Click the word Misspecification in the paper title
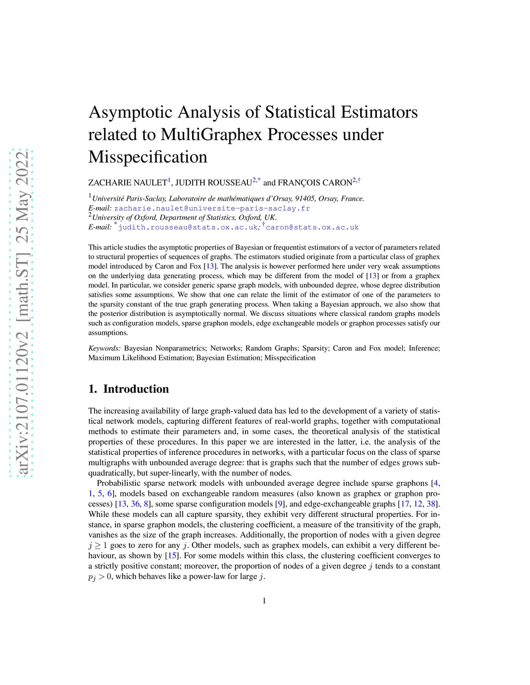coord(148,157)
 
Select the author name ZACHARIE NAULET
coord(127,182)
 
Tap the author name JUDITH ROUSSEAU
coord(213,182)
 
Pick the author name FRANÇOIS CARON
coord(315,182)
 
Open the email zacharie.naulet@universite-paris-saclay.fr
coord(212,208)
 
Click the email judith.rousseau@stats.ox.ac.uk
coord(188,227)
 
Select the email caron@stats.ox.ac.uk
coord(312,227)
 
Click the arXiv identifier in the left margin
coord(22,313)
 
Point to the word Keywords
coord(105,348)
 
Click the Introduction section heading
coord(136,389)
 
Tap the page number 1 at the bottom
coord(264,601)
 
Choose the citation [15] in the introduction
coord(171,556)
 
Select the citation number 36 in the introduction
coord(135,504)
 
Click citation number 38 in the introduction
coord(431,504)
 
